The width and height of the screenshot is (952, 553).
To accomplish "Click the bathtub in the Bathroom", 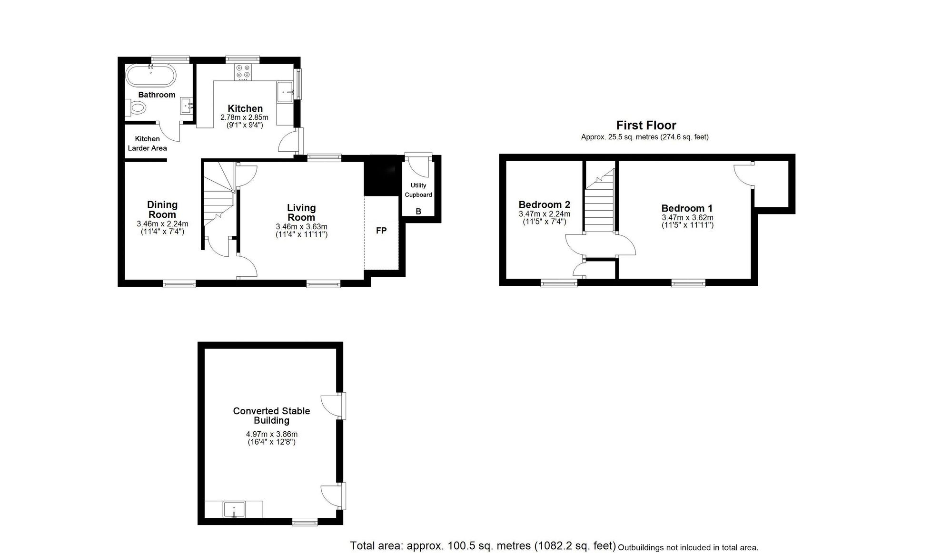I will point(151,76).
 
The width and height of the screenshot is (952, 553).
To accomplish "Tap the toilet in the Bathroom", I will point(137,108).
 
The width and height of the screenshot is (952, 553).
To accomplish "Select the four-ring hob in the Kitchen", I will point(243,72).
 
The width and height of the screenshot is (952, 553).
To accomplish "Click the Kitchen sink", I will point(285,91).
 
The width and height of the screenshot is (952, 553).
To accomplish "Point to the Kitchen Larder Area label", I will point(147,143).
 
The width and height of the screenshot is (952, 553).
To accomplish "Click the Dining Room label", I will point(162,210).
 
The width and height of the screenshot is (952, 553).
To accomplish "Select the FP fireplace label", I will point(381,231).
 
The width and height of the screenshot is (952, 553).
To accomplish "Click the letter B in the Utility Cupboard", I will point(418,212).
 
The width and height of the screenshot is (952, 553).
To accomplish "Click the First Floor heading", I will point(646,126).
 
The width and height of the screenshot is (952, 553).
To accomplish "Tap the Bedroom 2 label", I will point(544,205).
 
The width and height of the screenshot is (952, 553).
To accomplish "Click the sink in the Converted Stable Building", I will point(234,509).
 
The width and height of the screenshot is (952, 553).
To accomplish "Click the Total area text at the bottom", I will point(483,545).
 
